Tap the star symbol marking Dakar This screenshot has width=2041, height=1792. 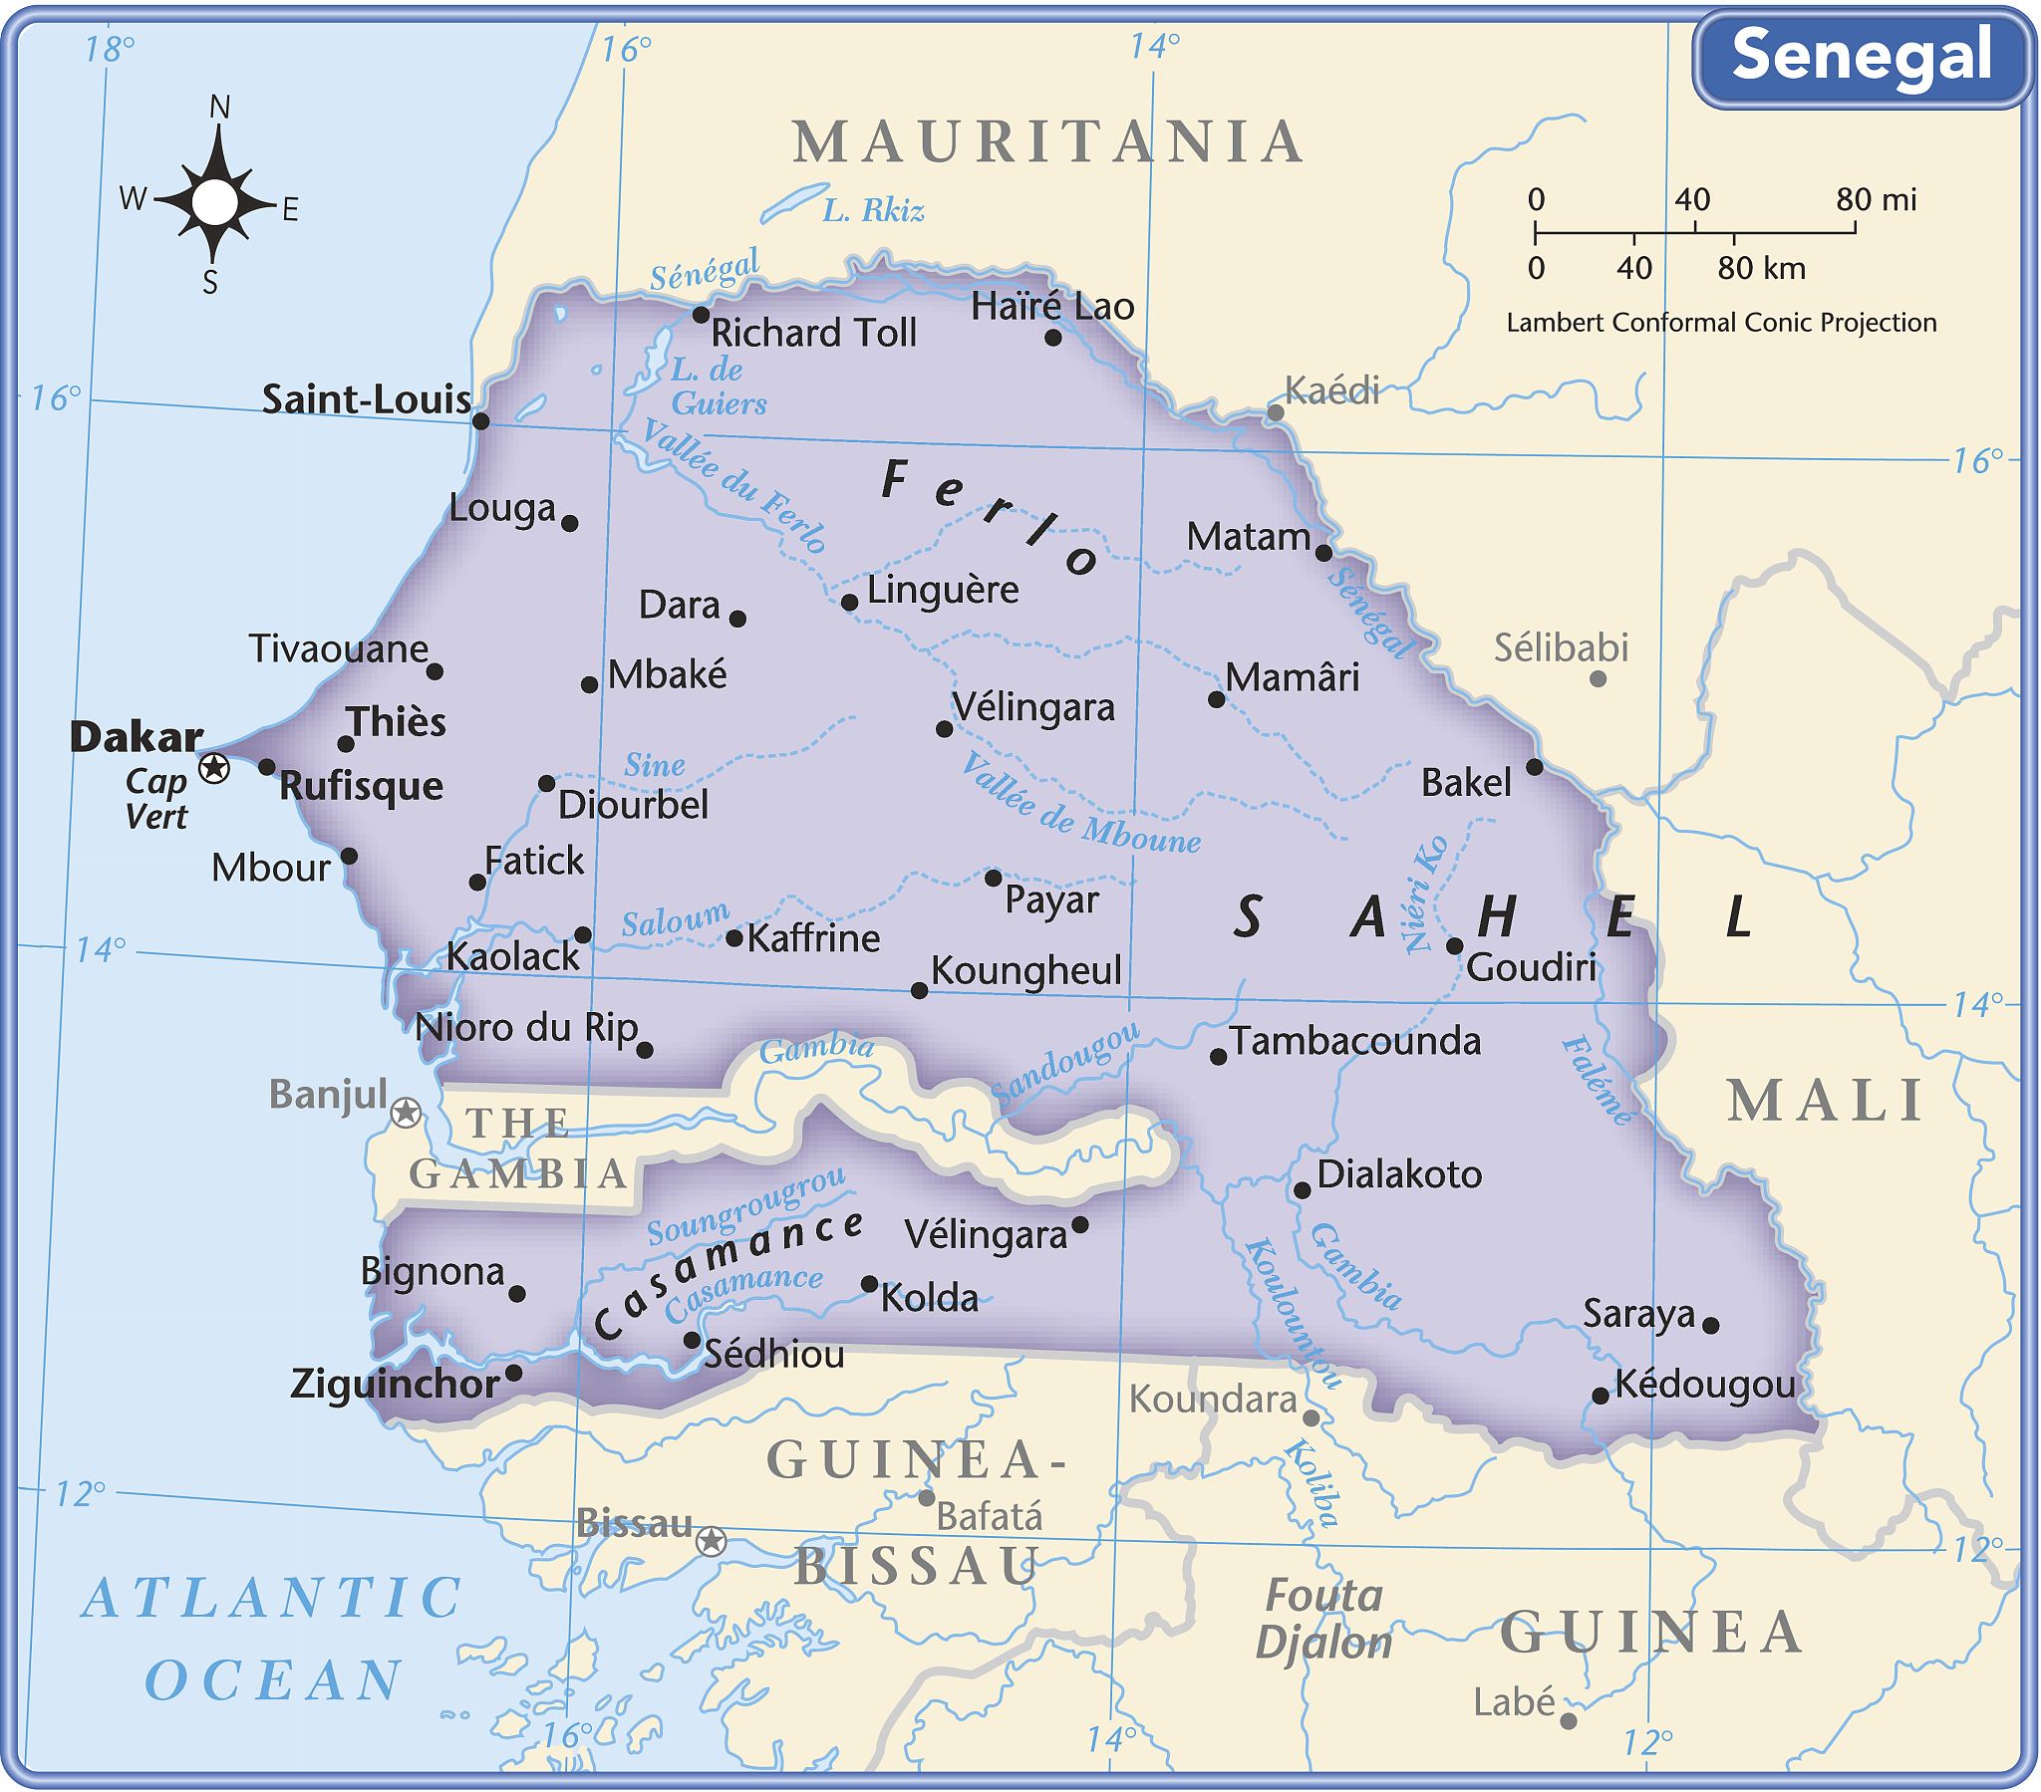point(213,768)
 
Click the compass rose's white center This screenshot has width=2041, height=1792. point(214,202)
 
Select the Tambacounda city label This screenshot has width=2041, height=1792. point(1354,1041)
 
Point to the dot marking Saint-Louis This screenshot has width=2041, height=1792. point(480,421)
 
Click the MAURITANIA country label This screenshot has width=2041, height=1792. point(1048,141)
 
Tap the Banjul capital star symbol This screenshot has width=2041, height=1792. point(406,1111)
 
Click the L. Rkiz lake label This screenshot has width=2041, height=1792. point(873,210)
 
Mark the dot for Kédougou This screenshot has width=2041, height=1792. point(1600,1396)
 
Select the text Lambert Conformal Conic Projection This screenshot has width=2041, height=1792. point(1720,323)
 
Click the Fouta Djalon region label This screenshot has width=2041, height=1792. point(1323,1619)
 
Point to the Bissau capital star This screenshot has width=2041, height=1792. point(710,1541)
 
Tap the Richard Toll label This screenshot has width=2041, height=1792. point(813,334)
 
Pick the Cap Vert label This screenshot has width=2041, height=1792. point(156,799)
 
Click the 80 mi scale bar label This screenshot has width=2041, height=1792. point(1876,199)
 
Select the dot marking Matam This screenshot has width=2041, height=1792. point(1323,553)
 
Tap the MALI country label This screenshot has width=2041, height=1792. point(1826,1101)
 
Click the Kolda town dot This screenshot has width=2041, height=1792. point(869,1284)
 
